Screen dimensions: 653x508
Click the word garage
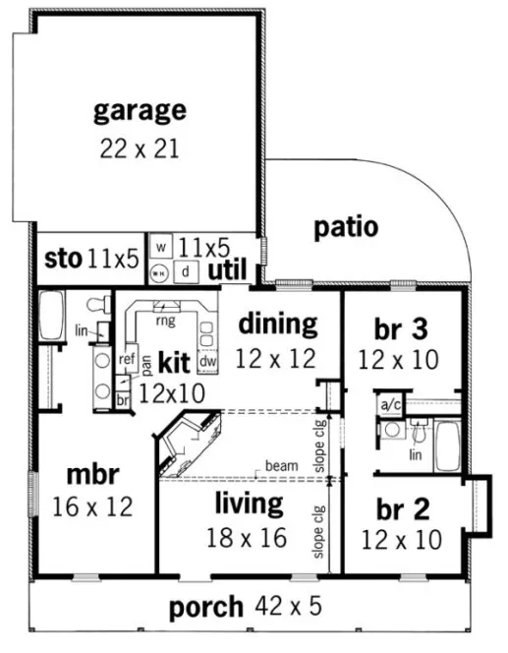[140, 109]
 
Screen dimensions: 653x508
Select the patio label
[346, 227]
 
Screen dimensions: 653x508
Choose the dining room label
[278, 323]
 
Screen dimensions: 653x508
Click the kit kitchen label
[173, 363]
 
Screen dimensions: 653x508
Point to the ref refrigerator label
[126, 359]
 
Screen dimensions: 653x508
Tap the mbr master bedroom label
[93, 474]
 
